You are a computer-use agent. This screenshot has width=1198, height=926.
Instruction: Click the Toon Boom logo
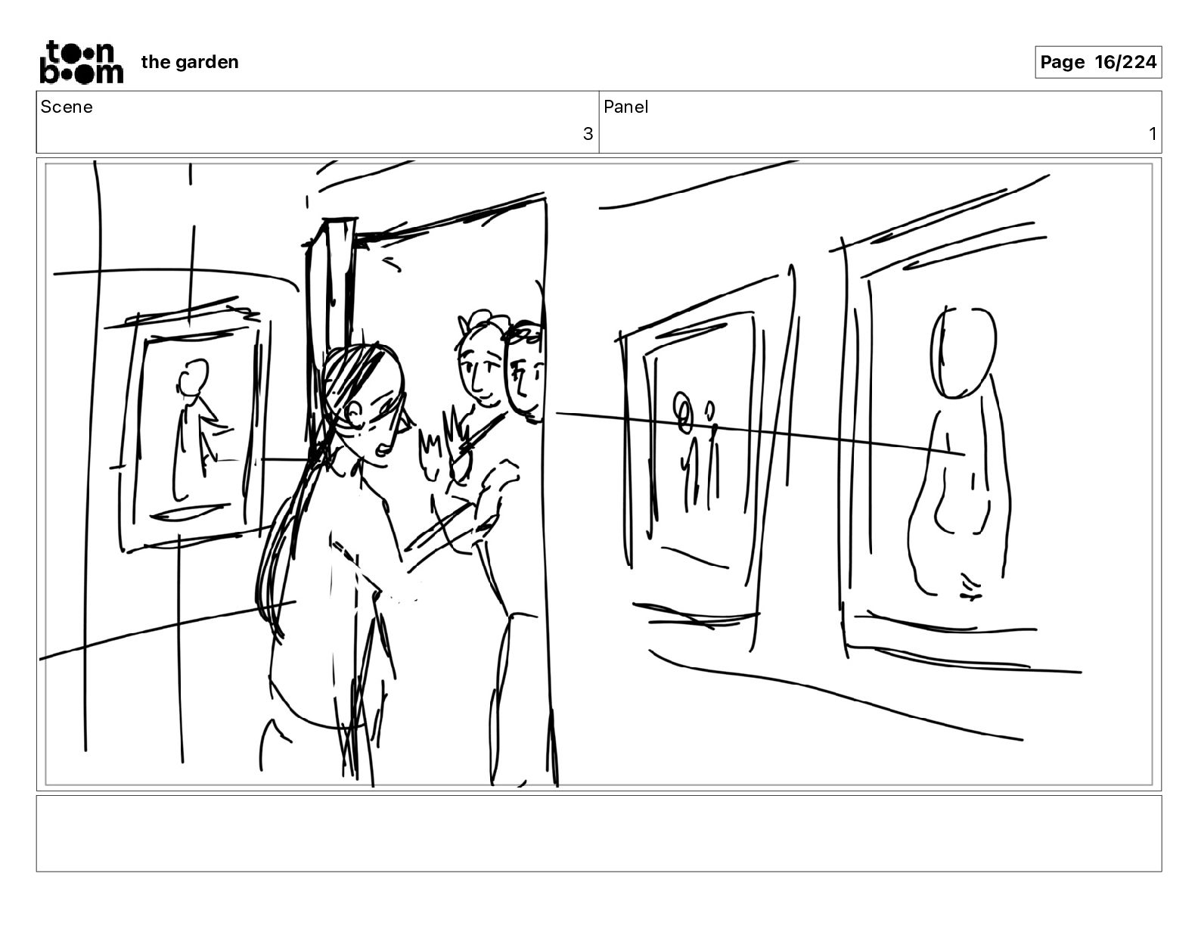[x=82, y=62]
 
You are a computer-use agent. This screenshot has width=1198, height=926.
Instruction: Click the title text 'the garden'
[x=190, y=62]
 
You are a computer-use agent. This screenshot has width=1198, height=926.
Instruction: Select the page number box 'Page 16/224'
[x=1097, y=62]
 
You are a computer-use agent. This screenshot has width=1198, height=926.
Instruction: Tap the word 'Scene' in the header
[x=66, y=107]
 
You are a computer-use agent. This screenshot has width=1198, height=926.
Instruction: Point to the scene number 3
[x=588, y=134]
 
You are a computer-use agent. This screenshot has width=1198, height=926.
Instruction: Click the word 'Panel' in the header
[x=625, y=107]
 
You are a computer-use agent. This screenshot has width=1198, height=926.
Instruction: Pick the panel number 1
[x=1152, y=134]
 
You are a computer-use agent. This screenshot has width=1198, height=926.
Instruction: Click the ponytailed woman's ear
[x=354, y=413]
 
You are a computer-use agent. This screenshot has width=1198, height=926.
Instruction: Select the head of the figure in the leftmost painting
[x=193, y=376]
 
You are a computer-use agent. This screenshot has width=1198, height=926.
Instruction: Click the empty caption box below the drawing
[x=599, y=834]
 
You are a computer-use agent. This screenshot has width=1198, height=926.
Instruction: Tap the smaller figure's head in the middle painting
[x=710, y=409]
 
